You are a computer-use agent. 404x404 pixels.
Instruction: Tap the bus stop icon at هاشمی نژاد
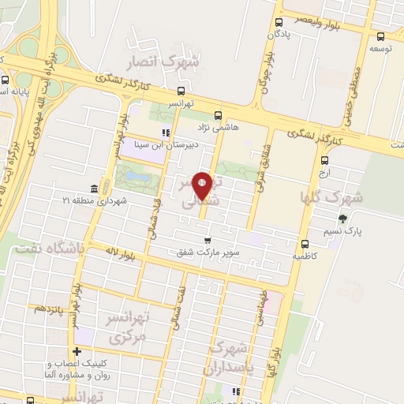point(219,113)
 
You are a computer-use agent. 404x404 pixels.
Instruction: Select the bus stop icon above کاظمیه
point(304,243)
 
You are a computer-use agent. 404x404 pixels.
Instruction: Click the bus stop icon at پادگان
point(279,23)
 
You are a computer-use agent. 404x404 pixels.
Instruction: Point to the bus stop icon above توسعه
point(381,36)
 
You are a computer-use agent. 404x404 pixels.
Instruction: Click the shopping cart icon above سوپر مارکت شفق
point(208,240)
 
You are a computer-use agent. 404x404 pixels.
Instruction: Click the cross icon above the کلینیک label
point(77,352)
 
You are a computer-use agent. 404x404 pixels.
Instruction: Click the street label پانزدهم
point(50,308)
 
